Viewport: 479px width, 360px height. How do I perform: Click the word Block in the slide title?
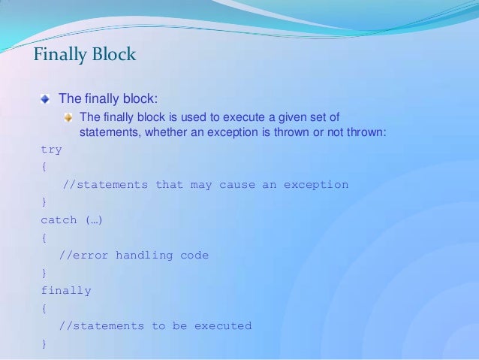pos(112,55)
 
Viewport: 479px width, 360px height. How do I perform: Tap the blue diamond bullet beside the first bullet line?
pos(47,98)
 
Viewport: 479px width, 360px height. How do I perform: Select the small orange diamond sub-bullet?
pos(69,117)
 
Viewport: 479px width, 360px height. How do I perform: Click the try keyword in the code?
pos(51,150)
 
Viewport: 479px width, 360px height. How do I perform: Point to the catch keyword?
pos(59,220)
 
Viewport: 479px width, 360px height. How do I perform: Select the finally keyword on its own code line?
pos(65,291)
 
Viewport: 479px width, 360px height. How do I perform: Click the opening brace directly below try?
pos(44,167)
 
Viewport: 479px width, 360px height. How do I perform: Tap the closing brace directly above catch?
pos(44,202)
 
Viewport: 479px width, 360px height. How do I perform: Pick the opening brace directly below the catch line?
pos(44,237)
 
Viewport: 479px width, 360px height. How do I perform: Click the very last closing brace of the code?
pos(44,343)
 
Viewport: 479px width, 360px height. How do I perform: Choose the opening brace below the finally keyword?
pos(44,308)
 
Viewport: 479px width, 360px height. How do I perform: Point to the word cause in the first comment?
pos(236,185)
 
